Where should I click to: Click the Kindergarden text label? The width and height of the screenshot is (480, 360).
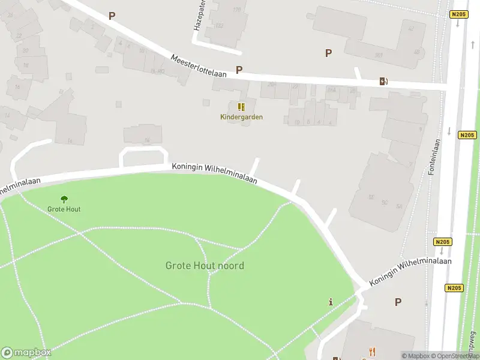(x=241, y=117)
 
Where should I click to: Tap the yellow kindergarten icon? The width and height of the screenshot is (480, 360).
(x=241, y=107)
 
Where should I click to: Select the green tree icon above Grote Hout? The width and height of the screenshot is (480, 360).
(x=64, y=199)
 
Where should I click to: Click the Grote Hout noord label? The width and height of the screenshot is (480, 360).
(x=205, y=265)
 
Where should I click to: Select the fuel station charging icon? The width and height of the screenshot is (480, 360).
(x=383, y=81)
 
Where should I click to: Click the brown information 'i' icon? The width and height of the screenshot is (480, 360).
(x=331, y=302)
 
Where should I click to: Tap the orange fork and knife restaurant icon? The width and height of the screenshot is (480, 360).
(x=372, y=352)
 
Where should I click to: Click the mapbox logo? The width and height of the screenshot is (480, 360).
(x=26, y=353)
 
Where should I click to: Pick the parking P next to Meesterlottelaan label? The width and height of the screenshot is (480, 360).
(x=239, y=70)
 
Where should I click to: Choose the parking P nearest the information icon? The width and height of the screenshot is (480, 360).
(x=398, y=302)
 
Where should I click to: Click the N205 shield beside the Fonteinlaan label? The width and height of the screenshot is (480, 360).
(x=467, y=135)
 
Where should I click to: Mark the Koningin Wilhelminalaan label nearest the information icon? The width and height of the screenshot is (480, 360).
(x=410, y=272)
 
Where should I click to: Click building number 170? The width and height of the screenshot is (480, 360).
(x=236, y=10)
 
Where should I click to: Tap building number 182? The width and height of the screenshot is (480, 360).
(x=218, y=25)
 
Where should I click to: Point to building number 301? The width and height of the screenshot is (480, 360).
(x=379, y=55)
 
